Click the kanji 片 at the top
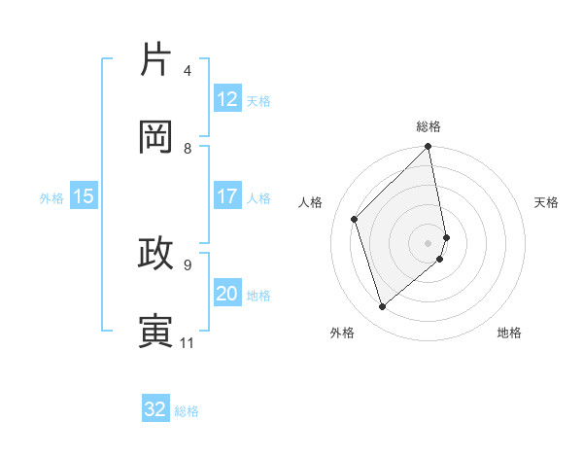tap(156, 60)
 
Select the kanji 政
tap(156, 254)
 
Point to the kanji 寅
tap(156, 331)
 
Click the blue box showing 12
tap(227, 99)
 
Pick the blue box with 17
tap(227, 196)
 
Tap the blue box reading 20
tap(227, 294)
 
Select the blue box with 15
tap(84, 196)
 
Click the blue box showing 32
tap(155, 409)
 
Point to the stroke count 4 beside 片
tap(188, 71)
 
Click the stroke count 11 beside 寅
tap(188, 342)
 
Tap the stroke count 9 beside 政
tap(188, 264)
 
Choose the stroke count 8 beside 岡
tap(188, 149)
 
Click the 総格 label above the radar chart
tap(429, 126)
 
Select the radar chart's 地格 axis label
tap(509, 334)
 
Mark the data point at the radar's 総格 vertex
tap(429, 148)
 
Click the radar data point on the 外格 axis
tap(382, 306)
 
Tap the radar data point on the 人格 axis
tap(355, 219)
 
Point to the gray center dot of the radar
tap(429, 242)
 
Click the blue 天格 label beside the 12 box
tap(258, 101)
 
